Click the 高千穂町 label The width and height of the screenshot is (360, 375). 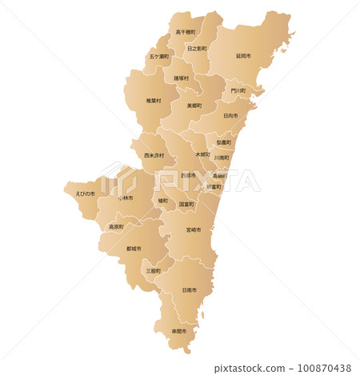coord(186,33)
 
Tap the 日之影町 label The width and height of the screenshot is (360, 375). coord(197,49)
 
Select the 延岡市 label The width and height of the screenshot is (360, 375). coord(243,56)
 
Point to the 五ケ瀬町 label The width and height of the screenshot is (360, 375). coord(158,57)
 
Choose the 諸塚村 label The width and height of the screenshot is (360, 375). coord(182,78)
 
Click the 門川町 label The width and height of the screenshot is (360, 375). coord(238,91)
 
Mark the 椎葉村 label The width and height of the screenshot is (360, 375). coord(154,101)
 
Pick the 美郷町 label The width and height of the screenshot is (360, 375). coord(194,105)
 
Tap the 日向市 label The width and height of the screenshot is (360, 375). coord(230,115)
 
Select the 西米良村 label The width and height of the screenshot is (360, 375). coord(154,155)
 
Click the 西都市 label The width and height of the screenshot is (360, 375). coord(188,175)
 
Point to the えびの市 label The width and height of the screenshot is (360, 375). coord(85,193)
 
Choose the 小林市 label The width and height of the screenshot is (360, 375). coord(126,197)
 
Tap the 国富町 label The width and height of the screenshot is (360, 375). coord(186,205)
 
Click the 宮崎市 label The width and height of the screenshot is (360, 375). coord(194,229)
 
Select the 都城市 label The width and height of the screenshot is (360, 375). coord(134,249)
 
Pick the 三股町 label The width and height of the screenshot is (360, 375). coord(154,271)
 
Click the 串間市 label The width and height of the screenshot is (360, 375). coord(179,331)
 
